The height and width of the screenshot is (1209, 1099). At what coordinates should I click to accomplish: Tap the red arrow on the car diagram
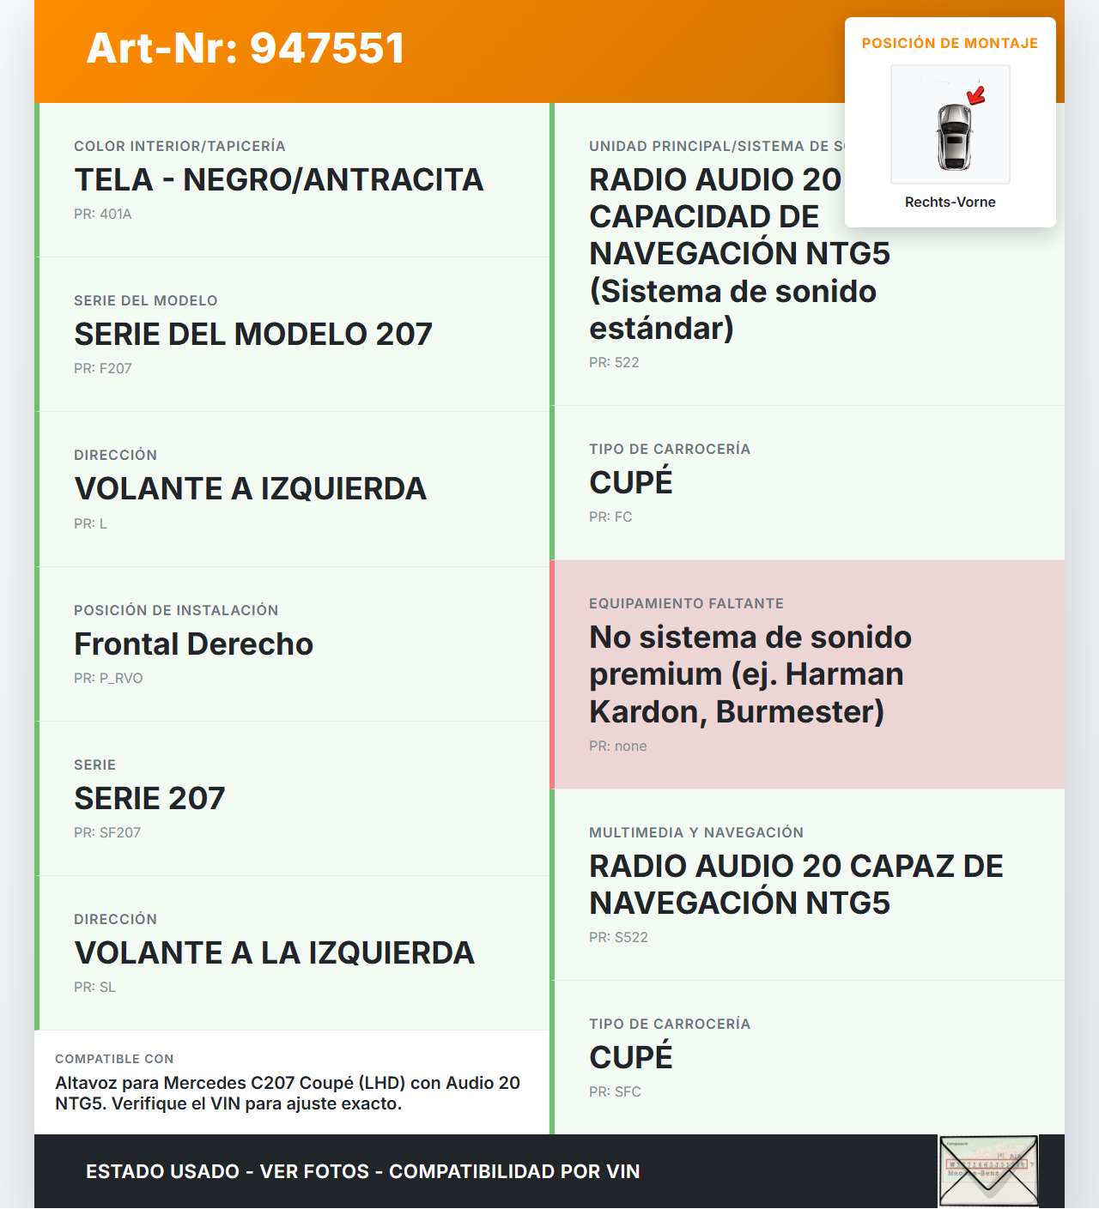tap(976, 94)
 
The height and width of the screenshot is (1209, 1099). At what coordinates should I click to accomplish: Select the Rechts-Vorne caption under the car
tap(950, 203)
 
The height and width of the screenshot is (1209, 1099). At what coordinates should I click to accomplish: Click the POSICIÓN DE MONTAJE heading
tap(950, 44)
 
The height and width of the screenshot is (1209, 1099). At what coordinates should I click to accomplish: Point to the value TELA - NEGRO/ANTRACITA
tap(279, 180)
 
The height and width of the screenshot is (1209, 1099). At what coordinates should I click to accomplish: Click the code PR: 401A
tap(103, 215)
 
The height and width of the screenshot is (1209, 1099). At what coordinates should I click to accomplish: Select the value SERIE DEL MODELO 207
tap(253, 335)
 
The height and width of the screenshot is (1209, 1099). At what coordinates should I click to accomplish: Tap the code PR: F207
tap(103, 369)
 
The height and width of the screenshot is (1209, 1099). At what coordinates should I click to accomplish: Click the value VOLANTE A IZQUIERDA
tap(251, 489)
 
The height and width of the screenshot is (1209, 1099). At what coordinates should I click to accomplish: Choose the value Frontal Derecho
tap(194, 644)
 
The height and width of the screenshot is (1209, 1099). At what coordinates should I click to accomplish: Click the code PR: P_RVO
tap(108, 679)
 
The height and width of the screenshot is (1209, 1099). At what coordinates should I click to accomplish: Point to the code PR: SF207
tap(107, 833)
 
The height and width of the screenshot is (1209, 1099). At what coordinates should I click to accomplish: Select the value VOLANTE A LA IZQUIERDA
tap(275, 953)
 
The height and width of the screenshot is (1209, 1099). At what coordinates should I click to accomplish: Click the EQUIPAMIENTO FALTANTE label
tap(686, 604)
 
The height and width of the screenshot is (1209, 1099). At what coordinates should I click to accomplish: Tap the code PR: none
tap(618, 747)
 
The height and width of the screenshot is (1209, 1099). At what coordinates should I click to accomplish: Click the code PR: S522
tap(618, 938)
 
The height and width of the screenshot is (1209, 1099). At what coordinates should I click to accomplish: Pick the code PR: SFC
tap(615, 1092)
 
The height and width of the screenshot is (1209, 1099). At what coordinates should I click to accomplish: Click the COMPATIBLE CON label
tap(114, 1060)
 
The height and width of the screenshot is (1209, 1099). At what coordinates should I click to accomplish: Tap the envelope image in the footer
tap(988, 1171)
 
